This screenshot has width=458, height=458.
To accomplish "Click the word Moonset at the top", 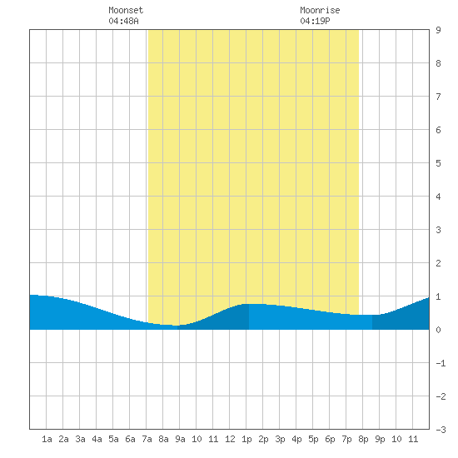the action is click(x=126, y=10).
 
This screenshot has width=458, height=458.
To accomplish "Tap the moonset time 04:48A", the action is click(x=123, y=21).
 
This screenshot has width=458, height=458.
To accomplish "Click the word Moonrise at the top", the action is click(x=320, y=10).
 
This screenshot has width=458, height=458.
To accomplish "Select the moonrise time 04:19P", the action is click(x=315, y=21).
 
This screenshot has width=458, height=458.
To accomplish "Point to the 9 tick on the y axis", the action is click(x=438, y=30).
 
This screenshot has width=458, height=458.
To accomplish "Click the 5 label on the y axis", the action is click(x=438, y=163).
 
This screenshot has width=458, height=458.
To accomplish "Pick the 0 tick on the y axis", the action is click(x=438, y=330).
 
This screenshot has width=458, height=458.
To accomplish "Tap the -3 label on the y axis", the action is click(x=441, y=430).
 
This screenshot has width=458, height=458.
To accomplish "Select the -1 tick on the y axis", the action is click(x=441, y=363).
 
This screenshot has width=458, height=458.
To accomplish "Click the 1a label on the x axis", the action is click(x=47, y=439).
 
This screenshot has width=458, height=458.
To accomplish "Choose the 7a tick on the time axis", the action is click(x=147, y=439).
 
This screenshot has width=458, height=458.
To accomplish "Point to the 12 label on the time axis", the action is click(x=230, y=439).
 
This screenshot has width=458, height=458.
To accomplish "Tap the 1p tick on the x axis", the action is click(x=246, y=439).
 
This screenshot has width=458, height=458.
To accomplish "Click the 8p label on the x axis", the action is click(x=363, y=439).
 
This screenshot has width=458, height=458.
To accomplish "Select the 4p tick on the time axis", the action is click(x=296, y=439).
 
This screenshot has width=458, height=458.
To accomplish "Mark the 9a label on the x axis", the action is click(x=180, y=439).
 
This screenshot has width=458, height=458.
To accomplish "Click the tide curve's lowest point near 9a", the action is click(x=177, y=326).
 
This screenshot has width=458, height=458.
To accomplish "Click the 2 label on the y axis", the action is click(x=438, y=263).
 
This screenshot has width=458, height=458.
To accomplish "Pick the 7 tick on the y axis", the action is click(x=438, y=97).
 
